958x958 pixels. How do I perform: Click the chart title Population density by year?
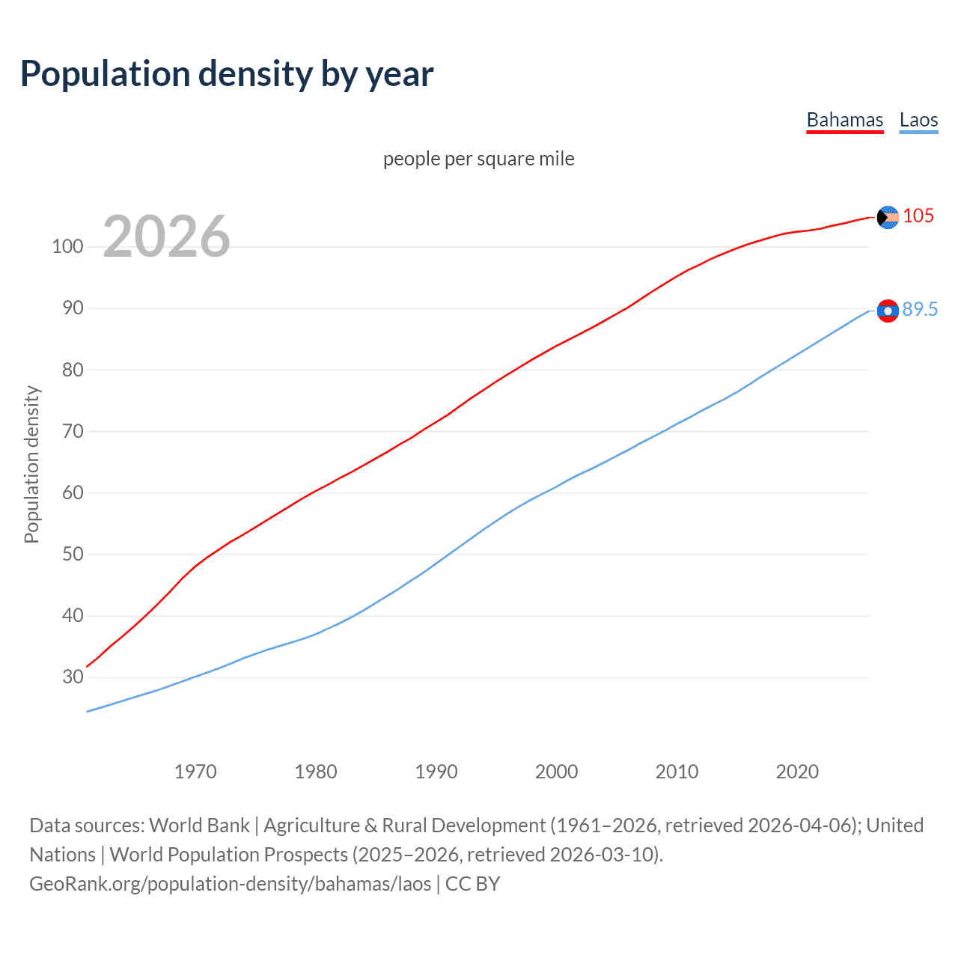pos(227,74)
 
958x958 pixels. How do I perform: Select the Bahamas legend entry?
pos(844,120)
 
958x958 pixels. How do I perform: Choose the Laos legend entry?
pos(918,120)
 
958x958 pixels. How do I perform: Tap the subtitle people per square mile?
pos(478,159)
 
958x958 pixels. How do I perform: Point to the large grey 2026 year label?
pos(166,237)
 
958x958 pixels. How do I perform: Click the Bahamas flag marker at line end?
pos(888,217)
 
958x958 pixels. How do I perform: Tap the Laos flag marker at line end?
pos(888,311)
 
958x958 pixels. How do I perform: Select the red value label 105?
pos(918,216)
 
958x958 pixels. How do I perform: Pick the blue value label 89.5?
pos(920,309)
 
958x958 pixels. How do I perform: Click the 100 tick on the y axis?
pos(67,246)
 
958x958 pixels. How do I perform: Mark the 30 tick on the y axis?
pos(73,677)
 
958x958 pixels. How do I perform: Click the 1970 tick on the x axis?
pos(195,772)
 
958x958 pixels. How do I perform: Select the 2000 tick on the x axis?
pos(556,772)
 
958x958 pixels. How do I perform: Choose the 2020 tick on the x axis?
pos(797,772)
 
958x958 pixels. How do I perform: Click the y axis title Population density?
pos(31,464)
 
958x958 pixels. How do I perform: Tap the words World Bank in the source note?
pos(199,826)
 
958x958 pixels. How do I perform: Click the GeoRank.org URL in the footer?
pos(231,884)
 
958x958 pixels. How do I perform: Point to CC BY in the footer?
pos(472,884)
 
